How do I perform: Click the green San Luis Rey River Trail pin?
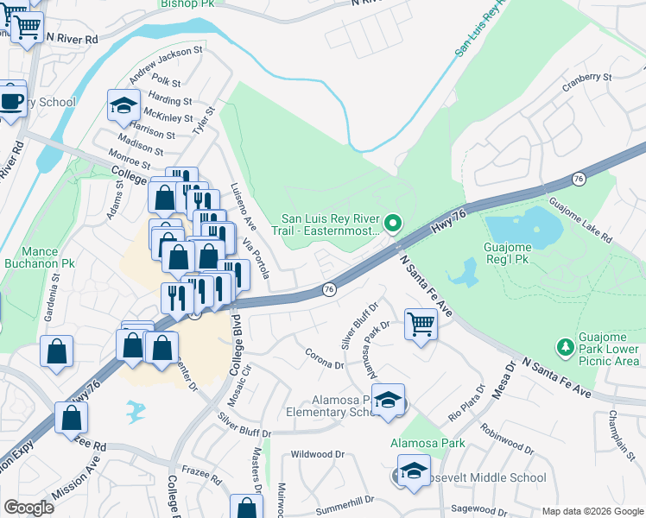coord(393,224)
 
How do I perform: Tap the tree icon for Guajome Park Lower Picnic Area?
coord(566,346)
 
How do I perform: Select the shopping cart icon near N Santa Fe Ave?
coord(421,325)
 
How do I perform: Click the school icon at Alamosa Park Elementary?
coord(389,400)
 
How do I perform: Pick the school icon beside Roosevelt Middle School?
coord(414,471)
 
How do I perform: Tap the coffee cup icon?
coord(11,100)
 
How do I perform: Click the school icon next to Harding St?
coord(123,106)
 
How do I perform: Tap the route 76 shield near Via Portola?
coord(328,290)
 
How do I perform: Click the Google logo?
coord(28,508)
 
